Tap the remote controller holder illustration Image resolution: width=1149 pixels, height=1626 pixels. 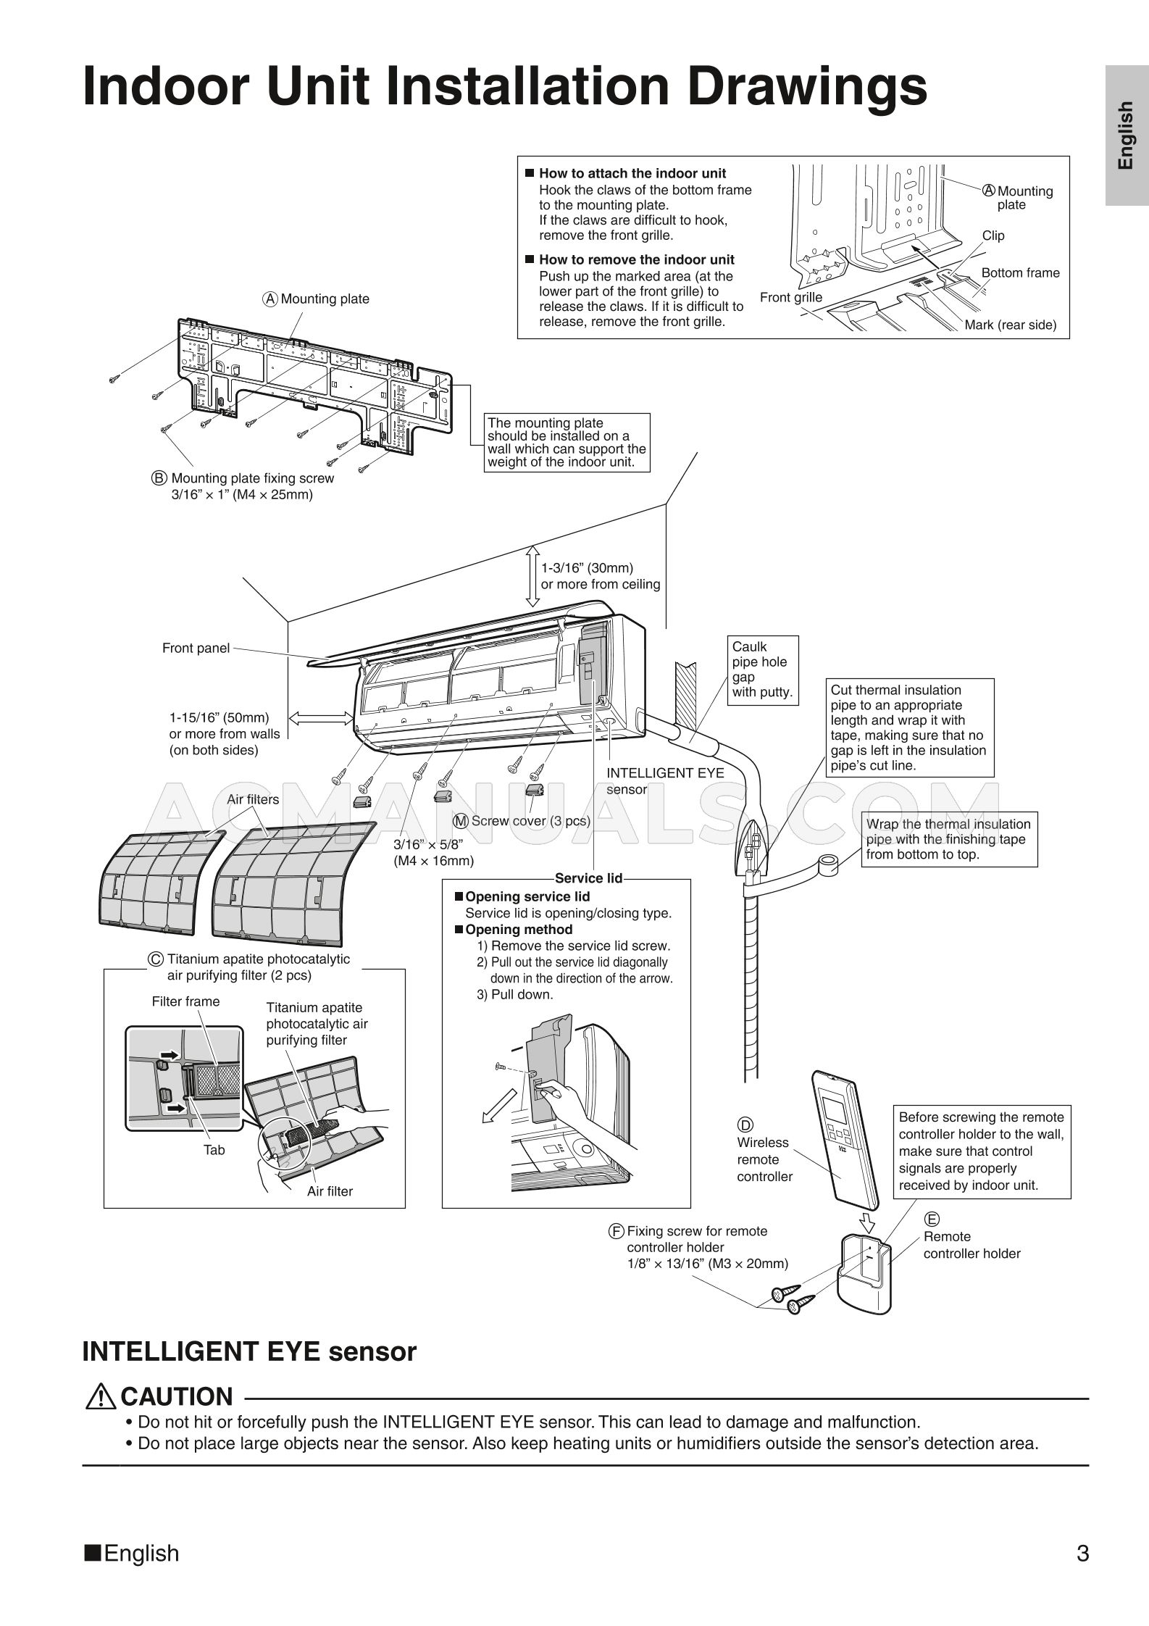864,1276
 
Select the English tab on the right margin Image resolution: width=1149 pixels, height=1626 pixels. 1127,135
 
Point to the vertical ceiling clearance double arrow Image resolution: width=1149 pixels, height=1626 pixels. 532,576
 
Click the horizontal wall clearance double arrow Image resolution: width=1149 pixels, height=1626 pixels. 322,717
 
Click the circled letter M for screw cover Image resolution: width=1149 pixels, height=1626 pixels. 461,821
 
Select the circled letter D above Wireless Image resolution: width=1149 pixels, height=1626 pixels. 745,1125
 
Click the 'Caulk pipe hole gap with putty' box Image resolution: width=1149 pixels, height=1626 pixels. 762,669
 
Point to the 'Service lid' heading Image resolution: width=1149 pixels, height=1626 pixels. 589,878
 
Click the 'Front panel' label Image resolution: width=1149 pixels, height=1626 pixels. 196,648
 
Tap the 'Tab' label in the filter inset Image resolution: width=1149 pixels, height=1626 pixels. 214,1150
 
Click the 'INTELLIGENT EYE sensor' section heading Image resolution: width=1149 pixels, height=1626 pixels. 249,1351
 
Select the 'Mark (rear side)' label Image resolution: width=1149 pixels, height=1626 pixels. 1010,325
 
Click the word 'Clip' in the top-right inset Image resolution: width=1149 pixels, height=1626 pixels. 993,235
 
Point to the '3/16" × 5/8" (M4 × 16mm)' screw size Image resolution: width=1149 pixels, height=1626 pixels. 433,852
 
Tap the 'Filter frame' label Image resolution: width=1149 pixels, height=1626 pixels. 185,1001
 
